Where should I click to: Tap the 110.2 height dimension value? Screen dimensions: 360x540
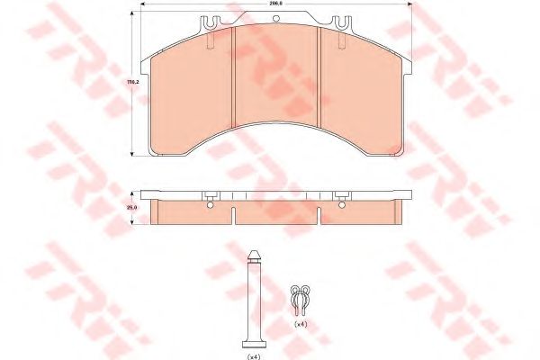(x=131, y=83)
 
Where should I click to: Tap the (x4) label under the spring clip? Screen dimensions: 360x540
(x=300, y=322)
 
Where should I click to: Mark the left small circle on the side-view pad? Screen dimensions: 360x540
(x=210, y=205)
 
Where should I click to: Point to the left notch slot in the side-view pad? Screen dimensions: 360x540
(x=233, y=213)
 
